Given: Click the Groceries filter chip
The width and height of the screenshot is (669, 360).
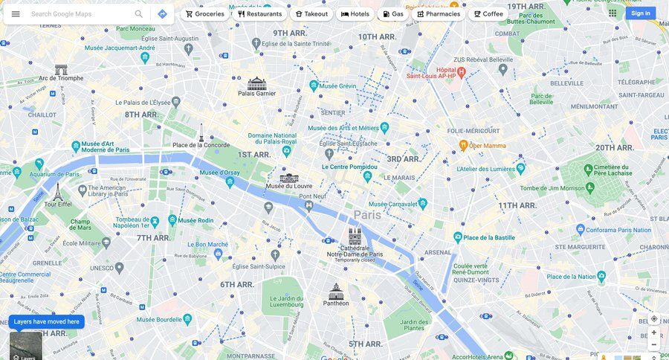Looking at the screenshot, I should tap(204, 13).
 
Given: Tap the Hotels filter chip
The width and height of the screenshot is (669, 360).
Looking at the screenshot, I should tap(355, 13).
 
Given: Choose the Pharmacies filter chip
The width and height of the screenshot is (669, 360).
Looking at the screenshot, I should tap(439, 13).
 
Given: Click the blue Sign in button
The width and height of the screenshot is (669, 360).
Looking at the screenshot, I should tap(640, 13).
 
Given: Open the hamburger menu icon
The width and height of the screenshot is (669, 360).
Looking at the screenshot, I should tap(16, 13).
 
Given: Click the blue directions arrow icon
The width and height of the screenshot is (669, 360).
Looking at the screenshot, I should tap(162, 13).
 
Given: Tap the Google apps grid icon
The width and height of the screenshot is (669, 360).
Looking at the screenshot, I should tap(613, 13).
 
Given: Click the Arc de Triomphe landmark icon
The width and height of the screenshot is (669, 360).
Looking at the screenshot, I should tap(61, 69).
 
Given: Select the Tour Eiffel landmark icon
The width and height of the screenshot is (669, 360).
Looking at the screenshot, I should tap(57, 191).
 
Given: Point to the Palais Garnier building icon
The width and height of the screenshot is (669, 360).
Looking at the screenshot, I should tap(256, 83).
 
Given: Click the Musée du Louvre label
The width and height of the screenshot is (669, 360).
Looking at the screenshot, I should tap(289, 186).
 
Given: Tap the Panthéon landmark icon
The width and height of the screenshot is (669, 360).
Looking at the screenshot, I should tap(336, 291).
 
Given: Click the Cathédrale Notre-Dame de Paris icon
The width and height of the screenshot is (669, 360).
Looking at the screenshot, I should tap(355, 237).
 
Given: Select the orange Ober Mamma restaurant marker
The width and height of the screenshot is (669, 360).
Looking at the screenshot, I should tap(463, 145).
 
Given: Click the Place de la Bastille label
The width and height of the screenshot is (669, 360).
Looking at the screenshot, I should tap(488, 237).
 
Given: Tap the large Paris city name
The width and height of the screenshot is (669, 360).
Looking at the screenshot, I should tap(367, 214).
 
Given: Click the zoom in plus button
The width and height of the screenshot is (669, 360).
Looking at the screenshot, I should tap(654, 332).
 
